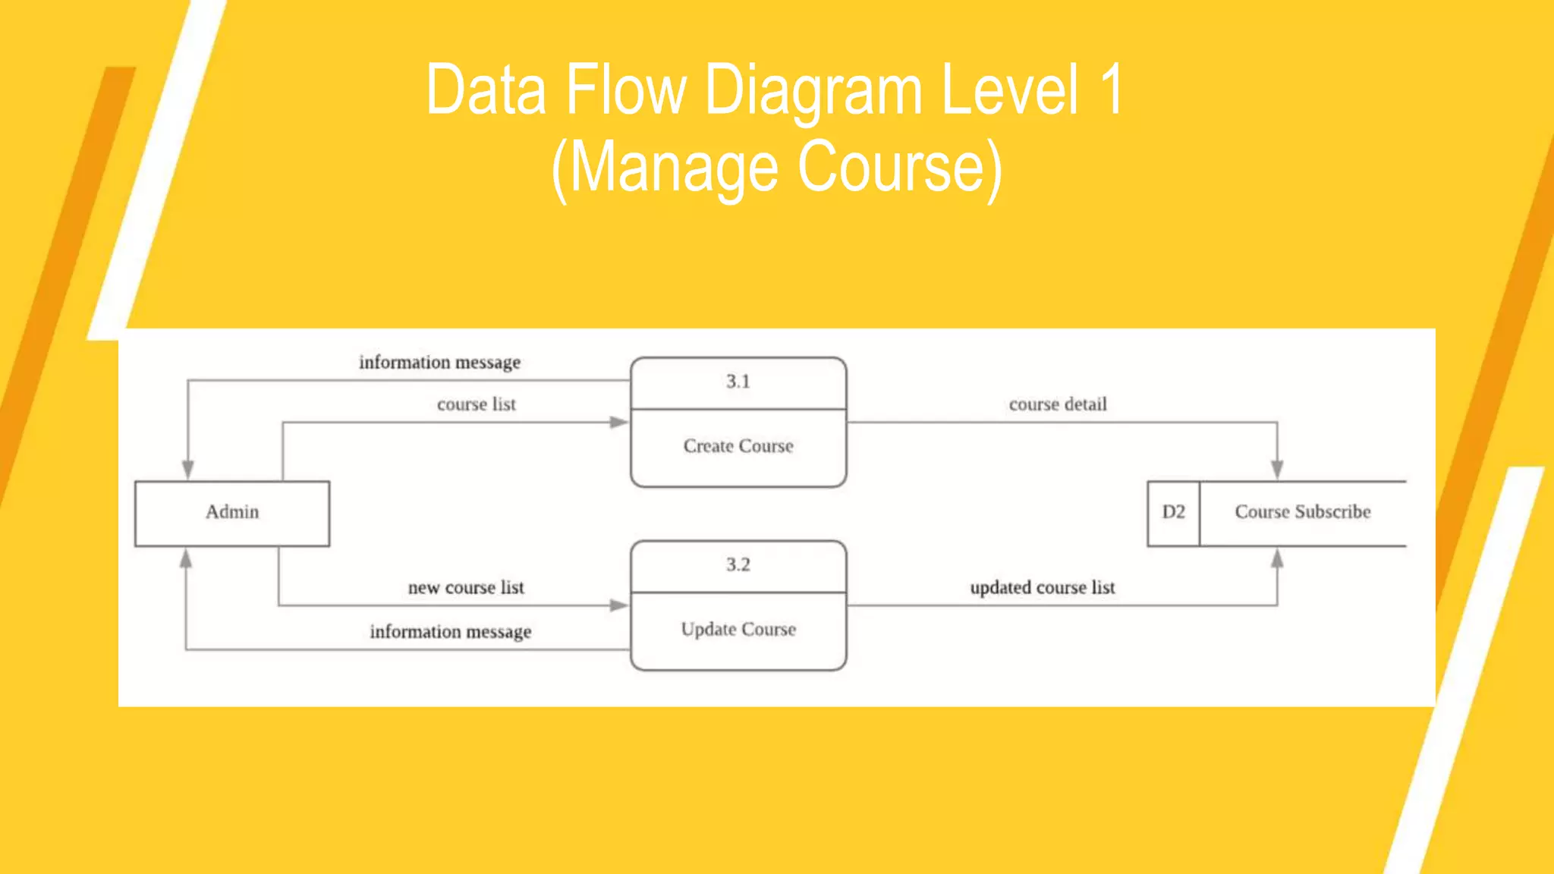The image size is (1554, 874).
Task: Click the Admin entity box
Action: [x=232, y=513]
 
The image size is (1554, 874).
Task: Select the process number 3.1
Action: [x=738, y=382]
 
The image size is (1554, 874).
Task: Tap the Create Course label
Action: [x=738, y=446]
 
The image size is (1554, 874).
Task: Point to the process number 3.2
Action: [x=738, y=564]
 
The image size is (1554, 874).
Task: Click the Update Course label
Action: [x=738, y=630]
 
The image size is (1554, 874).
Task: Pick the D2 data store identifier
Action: [x=1173, y=512]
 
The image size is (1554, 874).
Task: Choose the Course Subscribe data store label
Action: [x=1303, y=512]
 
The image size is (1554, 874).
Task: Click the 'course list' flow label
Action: [x=477, y=404]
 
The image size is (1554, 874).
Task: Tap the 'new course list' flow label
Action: [x=466, y=588]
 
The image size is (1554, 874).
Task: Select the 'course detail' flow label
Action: [x=1058, y=404]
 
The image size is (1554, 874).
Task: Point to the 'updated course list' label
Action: [x=1043, y=588]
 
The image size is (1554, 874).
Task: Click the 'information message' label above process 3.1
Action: [x=440, y=363]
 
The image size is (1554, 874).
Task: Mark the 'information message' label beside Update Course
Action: [x=451, y=632]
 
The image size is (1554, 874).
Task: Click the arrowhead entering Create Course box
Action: [x=619, y=423]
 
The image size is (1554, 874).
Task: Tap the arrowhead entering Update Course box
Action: [x=619, y=605]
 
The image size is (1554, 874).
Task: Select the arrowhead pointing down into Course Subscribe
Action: [x=1277, y=470]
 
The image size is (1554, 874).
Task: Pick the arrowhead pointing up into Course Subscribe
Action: [x=1277, y=559]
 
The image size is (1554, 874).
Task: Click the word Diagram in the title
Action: [x=813, y=91]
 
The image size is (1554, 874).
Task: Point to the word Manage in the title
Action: [x=674, y=168]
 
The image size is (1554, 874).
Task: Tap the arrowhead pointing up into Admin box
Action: [x=186, y=559]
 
